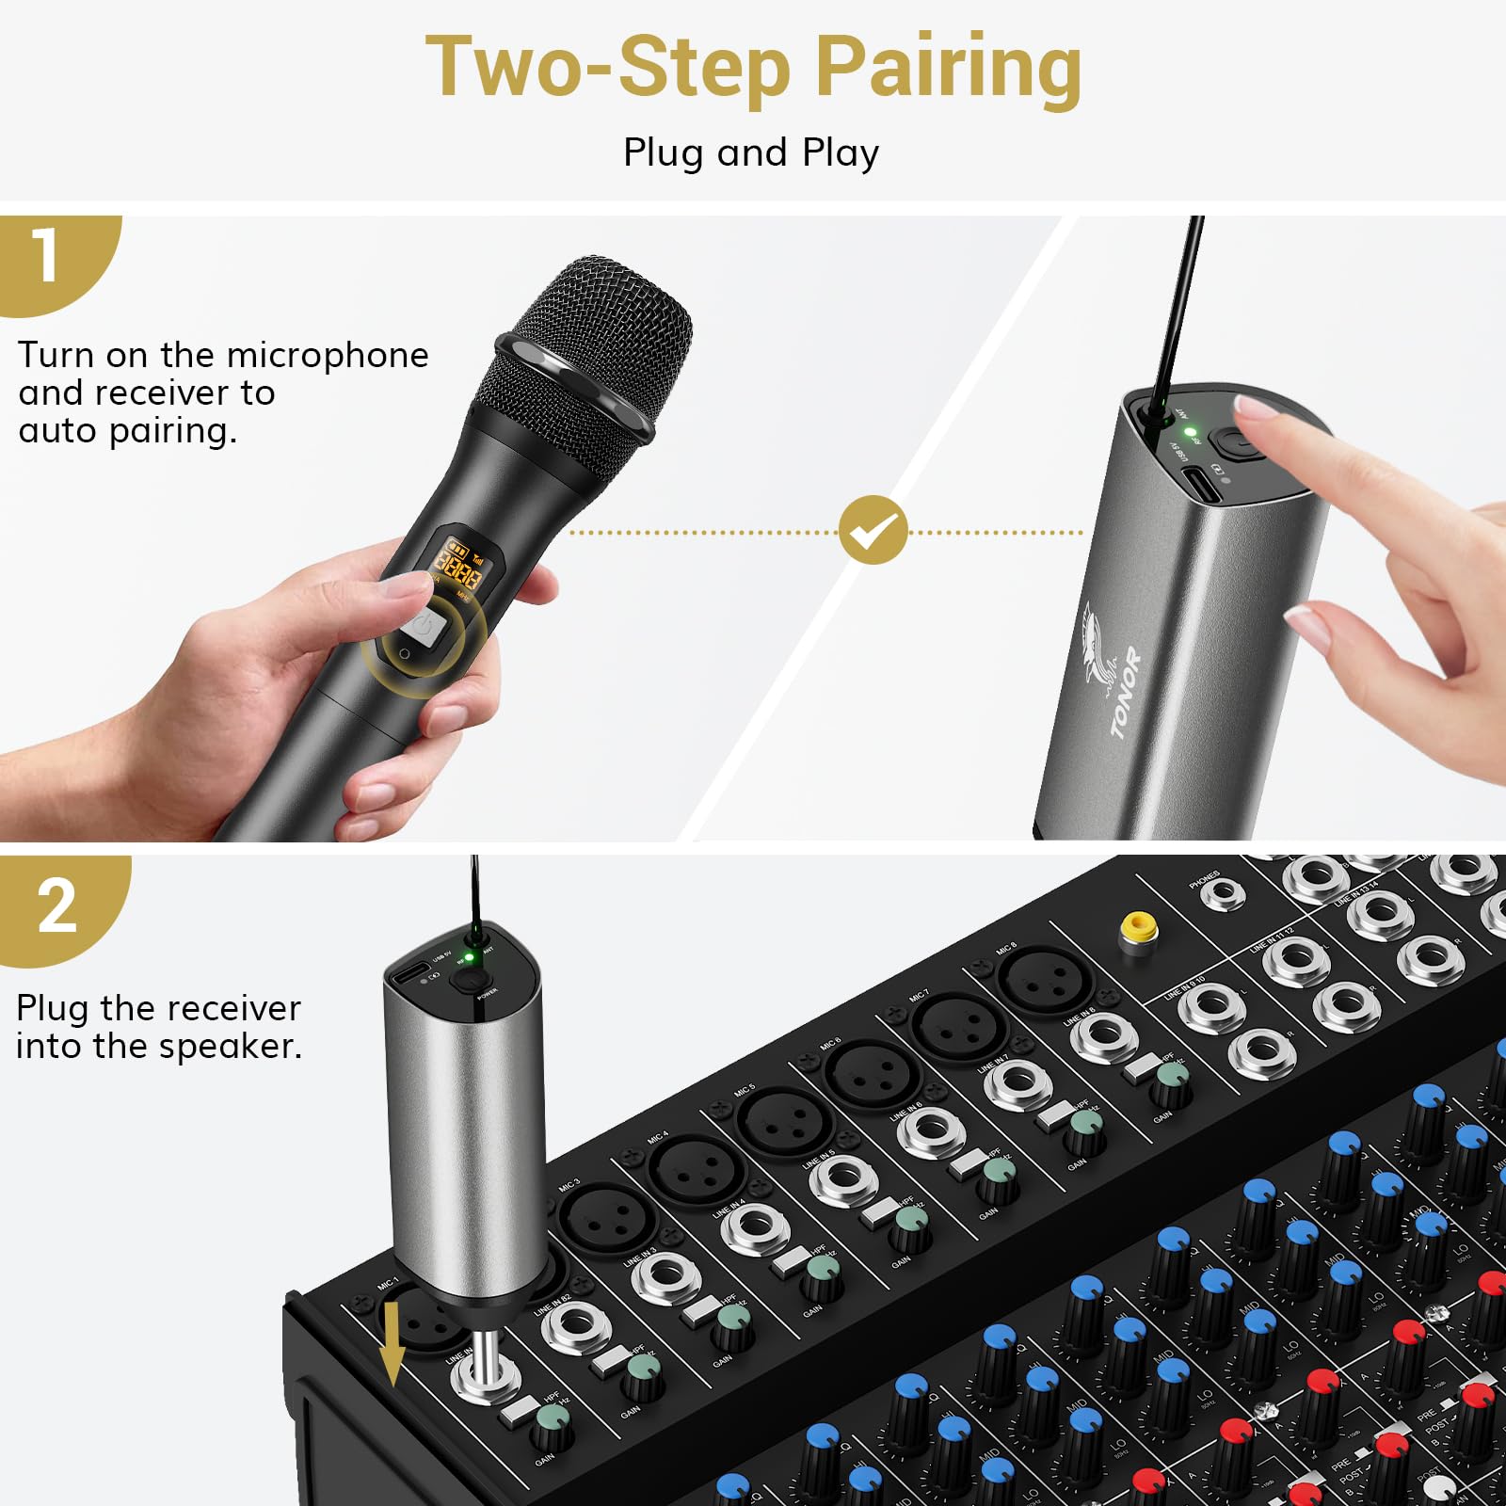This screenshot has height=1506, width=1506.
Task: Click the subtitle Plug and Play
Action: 751,152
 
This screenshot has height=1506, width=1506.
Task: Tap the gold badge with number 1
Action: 47,256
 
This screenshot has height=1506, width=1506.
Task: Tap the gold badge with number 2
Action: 56,905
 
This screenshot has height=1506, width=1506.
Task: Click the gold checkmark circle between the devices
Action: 873,531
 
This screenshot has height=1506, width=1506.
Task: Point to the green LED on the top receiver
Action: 1190,433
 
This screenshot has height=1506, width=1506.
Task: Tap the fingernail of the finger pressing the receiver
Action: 1257,407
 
